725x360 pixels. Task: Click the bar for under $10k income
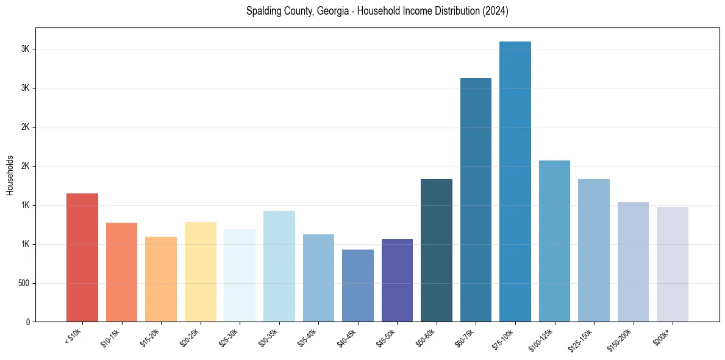tap(82, 257)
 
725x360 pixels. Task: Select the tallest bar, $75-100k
tap(515, 181)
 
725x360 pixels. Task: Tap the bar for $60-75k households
tap(476, 200)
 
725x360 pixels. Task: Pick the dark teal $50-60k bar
tap(437, 250)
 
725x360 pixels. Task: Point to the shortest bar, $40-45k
tap(358, 286)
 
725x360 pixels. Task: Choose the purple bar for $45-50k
tap(397, 280)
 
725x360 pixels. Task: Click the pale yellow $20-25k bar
tap(201, 272)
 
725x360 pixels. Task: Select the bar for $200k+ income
tap(673, 264)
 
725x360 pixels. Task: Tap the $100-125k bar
tap(554, 241)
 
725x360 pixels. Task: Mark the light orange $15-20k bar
tap(161, 279)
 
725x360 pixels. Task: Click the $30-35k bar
tap(279, 266)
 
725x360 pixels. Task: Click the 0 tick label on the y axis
tap(28, 322)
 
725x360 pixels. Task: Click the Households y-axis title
tap(10, 175)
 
